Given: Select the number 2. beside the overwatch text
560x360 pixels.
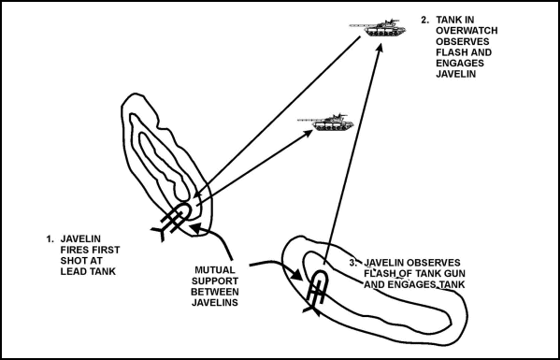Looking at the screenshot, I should [x=425, y=20].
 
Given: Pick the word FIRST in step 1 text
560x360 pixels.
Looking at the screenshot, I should [x=98, y=252].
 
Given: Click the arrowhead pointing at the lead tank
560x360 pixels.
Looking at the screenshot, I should [x=308, y=134].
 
